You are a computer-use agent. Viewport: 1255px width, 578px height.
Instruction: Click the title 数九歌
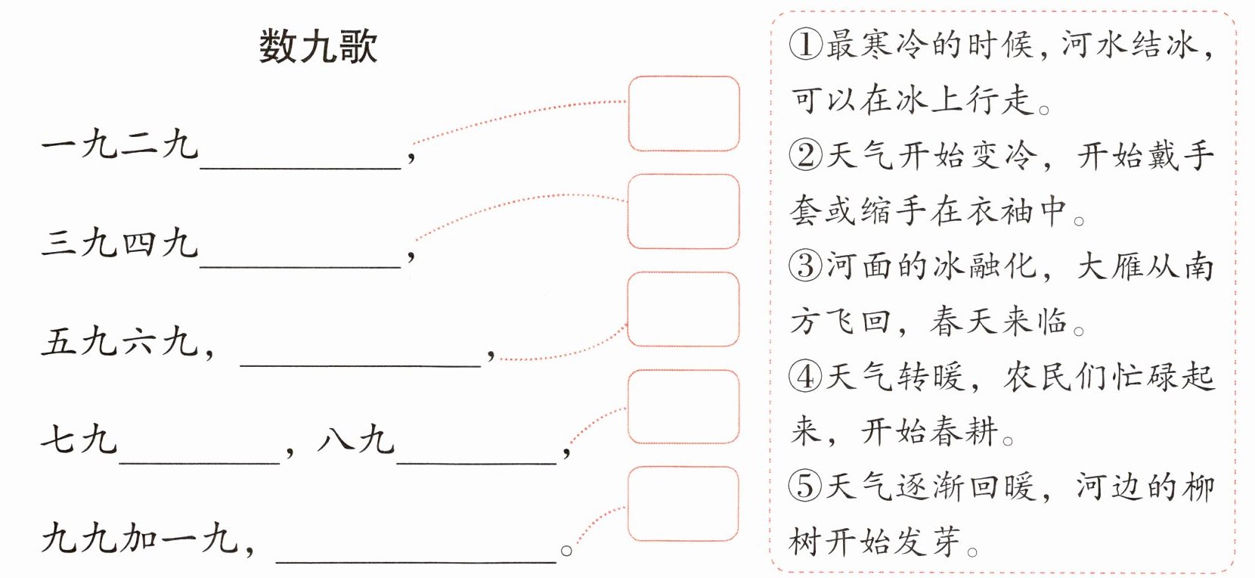[x=318, y=47]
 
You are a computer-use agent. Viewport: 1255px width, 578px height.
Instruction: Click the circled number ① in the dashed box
[x=805, y=44]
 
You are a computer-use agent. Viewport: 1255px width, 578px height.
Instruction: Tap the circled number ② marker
[x=805, y=155]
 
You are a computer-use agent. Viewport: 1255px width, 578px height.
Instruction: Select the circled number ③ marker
[x=805, y=266]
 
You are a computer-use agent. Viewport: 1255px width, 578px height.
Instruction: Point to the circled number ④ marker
[x=805, y=376]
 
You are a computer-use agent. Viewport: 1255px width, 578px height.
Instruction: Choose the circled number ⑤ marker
[x=805, y=486]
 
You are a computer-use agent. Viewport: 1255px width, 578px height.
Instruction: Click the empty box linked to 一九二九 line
[x=683, y=113]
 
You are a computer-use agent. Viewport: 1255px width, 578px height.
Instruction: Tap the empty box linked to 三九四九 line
[x=683, y=212]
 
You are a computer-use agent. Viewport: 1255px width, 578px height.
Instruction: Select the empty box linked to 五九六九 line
[x=683, y=309]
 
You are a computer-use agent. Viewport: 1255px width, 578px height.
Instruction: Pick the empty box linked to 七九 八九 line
[x=683, y=407]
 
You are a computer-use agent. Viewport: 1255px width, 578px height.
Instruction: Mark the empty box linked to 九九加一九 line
[x=683, y=505]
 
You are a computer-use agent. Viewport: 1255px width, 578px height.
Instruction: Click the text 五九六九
[x=121, y=342]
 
